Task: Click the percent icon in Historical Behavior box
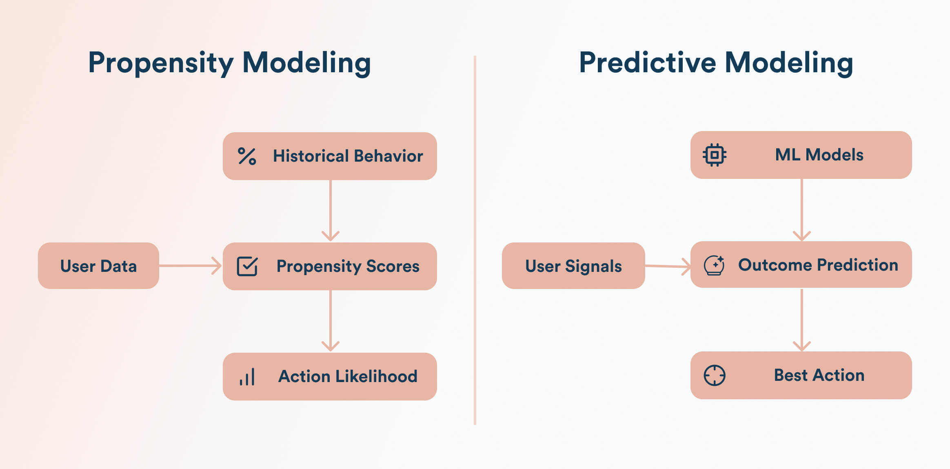click(247, 156)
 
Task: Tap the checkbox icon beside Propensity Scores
click(247, 266)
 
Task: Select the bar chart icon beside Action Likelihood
click(247, 376)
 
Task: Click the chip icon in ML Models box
click(715, 155)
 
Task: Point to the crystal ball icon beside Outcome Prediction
click(714, 265)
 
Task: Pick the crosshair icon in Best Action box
click(715, 375)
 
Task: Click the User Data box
click(98, 266)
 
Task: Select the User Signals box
click(573, 266)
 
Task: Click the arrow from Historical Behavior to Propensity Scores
click(331, 210)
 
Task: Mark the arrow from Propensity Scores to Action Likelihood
click(331, 320)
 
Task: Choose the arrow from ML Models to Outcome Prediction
click(802, 209)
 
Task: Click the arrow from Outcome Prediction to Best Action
click(802, 320)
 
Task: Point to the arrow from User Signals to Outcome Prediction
click(668, 266)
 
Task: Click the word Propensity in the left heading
click(161, 63)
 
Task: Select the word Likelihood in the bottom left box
click(376, 376)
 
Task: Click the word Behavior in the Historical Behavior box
click(388, 156)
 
